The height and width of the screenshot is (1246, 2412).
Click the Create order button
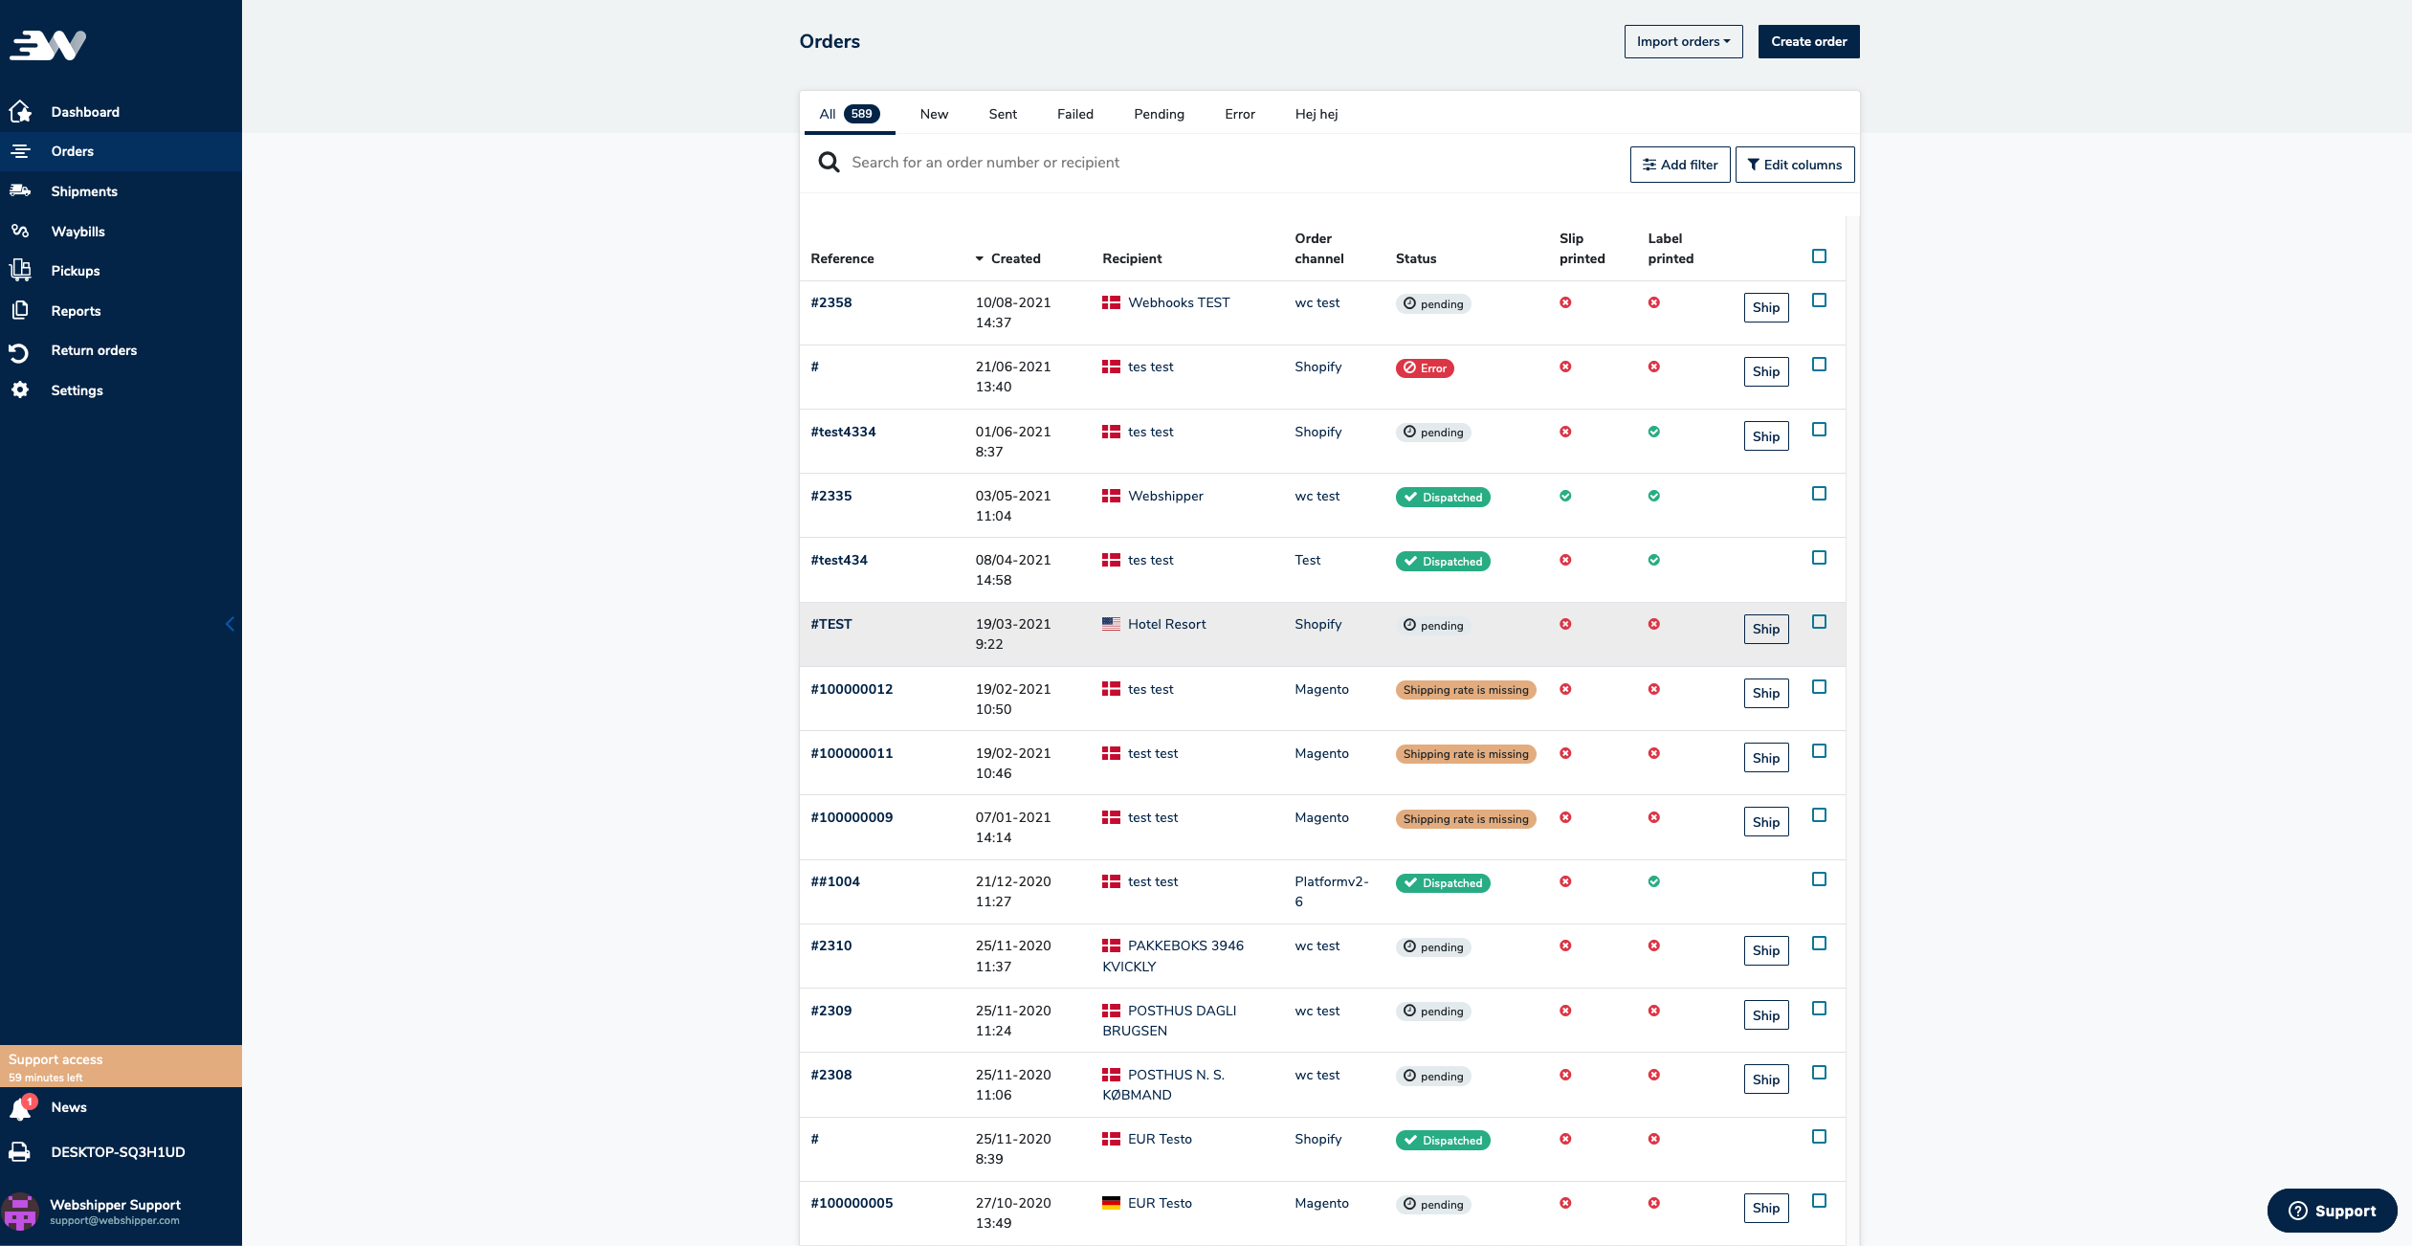click(x=1808, y=41)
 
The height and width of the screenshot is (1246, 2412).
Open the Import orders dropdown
click(x=1683, y=41)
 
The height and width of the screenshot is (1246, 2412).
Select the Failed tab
click(x=1074, y=114)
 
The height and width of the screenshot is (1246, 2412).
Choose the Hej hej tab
click(x=1316, y=114)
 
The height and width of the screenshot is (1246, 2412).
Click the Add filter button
click(x=1679, y=165)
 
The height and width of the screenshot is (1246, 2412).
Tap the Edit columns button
click(x=1794, y=165)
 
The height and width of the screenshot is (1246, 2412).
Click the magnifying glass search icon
click(x=829, y=163)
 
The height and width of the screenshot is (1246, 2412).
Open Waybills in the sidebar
click(x=77, y=232)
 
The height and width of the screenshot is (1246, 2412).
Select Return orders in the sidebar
click(x=94, y=350)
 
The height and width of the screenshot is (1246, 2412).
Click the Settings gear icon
click(x=20, y=390)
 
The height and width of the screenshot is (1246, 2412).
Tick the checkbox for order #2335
click(x=1819, y=494)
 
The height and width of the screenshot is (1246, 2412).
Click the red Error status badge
click(x=1424, y=368)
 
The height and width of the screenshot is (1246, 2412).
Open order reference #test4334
click(x=843, y=432)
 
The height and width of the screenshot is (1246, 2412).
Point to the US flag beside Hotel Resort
click(x=1111, y=624)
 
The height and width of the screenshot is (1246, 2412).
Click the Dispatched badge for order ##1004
click(x=1442, y=883)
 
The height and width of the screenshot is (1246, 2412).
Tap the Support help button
click(x=2331, y=1211)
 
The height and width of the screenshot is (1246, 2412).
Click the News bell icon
click(x=20, y=1108)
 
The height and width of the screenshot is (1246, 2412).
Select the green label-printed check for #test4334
click(x=1653, y=432)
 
